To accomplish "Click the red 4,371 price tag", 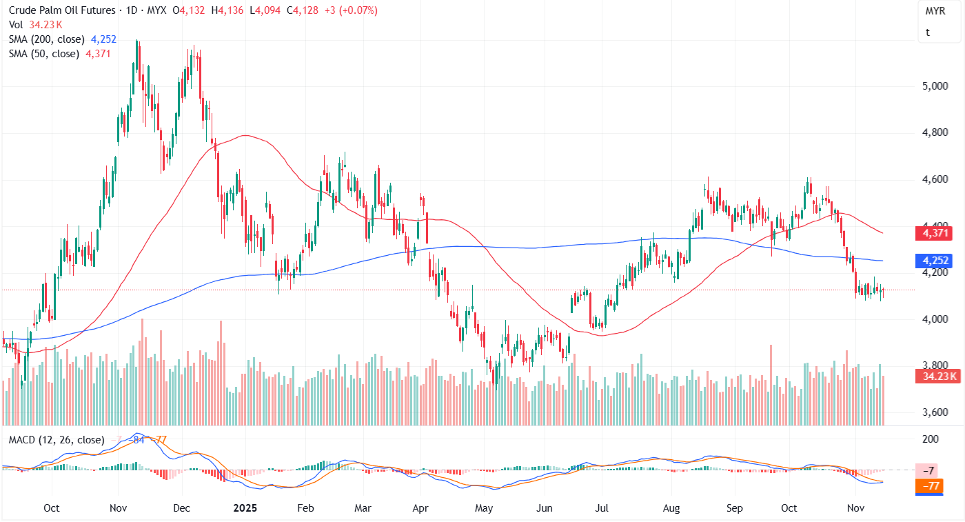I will [933, 234].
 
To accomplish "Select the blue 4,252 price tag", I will [933, 261].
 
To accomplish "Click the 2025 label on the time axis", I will [245, 508].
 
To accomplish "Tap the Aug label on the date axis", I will [671, 508].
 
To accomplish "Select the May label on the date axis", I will [485, 508].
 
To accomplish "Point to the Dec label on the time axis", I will [181, 508].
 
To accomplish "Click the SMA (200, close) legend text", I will [47, 39].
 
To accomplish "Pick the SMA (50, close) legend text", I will [44, 53].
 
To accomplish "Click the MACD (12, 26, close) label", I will [56, 439].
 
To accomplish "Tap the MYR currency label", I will [935, 12].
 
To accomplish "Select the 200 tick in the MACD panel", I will [930, 439].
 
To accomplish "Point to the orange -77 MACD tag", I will [933, 486].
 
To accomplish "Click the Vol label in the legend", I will [16, 24].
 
